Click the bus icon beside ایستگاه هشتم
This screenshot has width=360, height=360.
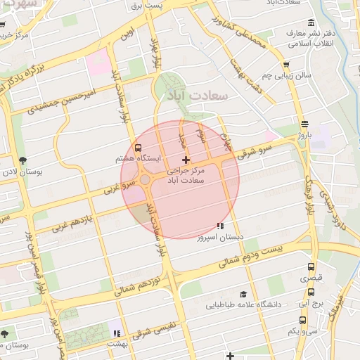[138, 148]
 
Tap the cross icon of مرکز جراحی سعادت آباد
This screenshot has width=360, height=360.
[186, 160]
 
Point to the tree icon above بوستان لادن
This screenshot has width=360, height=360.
[22, 160]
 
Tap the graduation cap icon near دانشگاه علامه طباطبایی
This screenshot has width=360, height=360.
[243, 294]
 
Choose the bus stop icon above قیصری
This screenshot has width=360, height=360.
[311, 267]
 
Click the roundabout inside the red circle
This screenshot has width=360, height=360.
[146, 181]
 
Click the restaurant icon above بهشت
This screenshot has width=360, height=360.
[117, 333]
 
